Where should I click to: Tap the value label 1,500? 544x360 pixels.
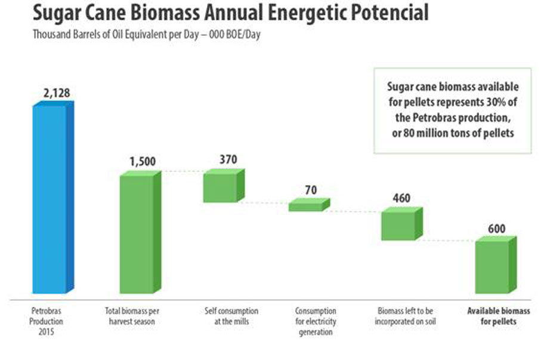pos(143,162)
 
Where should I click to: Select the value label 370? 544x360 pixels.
pos(228,159)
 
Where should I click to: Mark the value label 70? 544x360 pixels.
pos(310,190)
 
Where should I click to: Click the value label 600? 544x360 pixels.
pos(496,228)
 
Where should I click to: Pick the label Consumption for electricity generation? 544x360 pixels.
pos(316,321)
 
